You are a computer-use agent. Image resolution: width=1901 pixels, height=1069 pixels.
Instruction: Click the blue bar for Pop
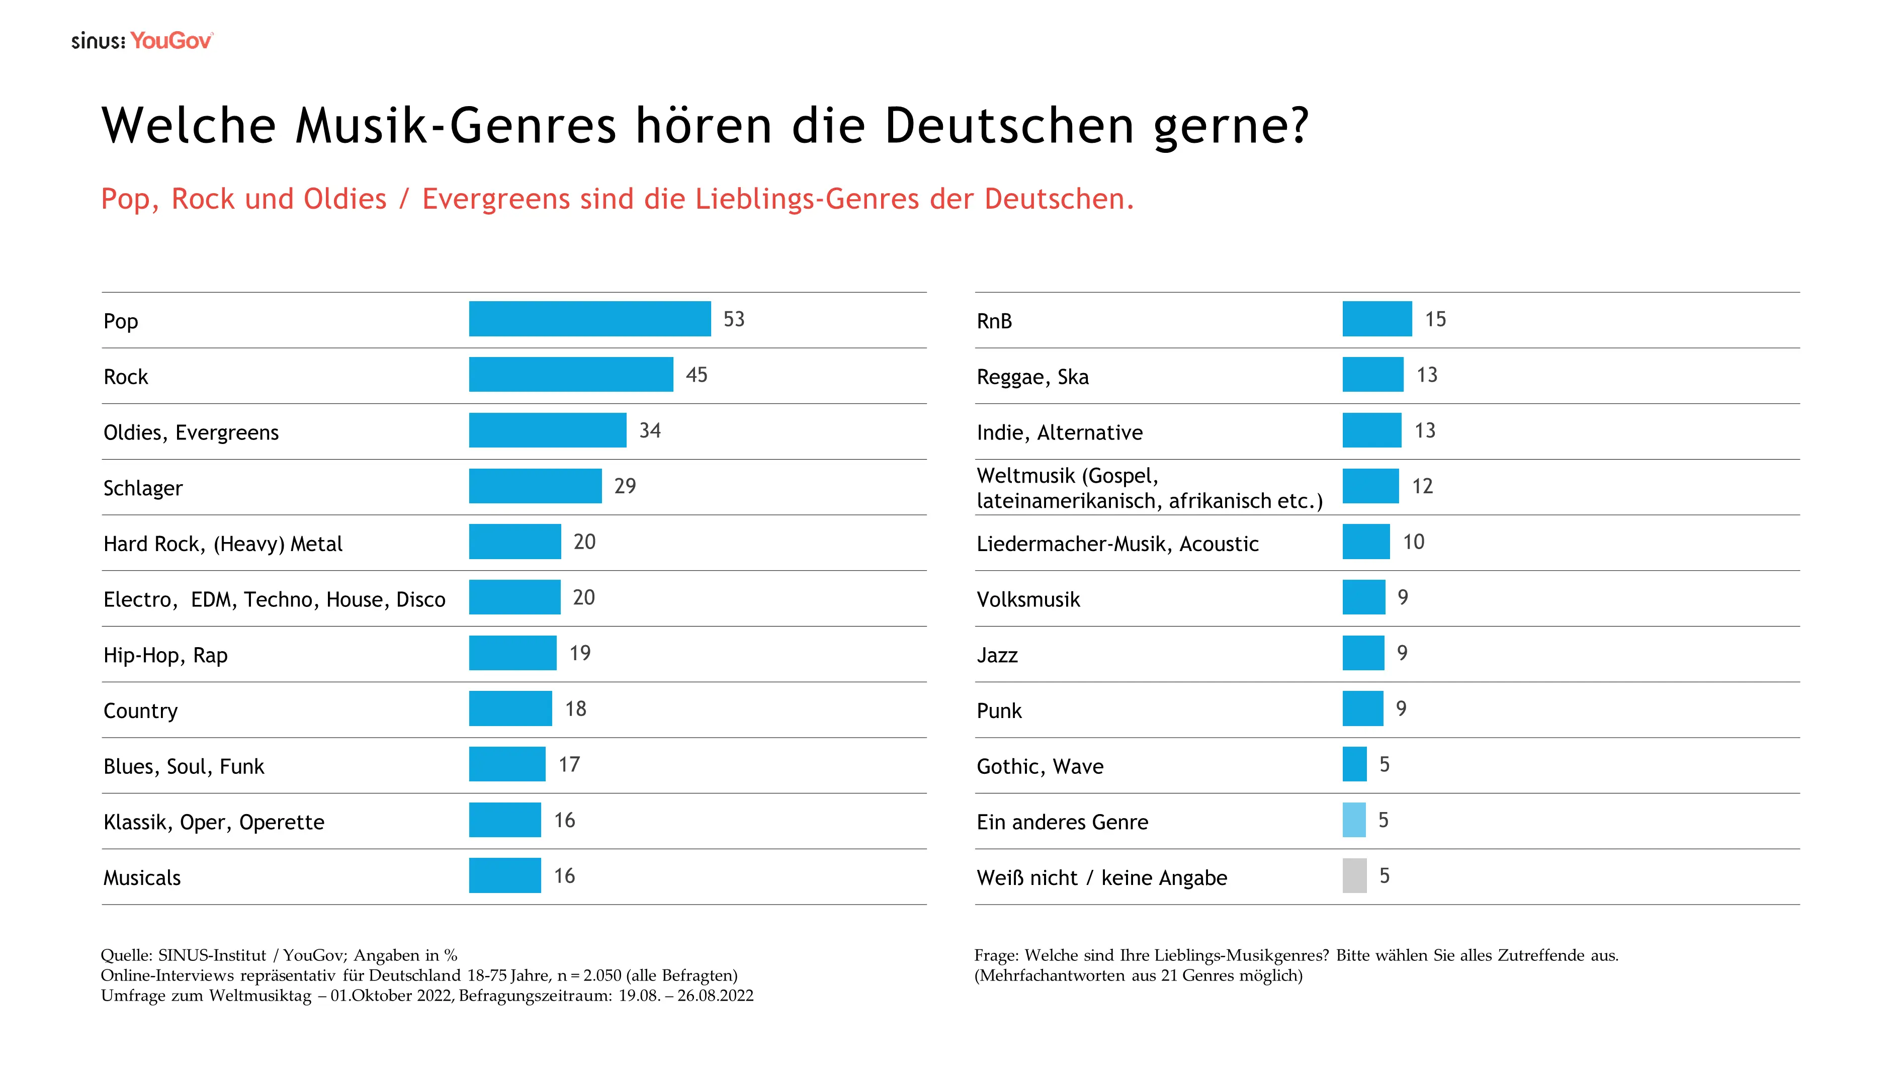tap(589, 319)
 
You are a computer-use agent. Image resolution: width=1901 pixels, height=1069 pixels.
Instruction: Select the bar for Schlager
tap(535, 486)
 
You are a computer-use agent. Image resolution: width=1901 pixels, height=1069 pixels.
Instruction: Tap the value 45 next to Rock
tap(696, 375)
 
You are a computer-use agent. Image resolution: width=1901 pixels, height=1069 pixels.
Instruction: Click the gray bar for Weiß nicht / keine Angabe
tap(1354, 876)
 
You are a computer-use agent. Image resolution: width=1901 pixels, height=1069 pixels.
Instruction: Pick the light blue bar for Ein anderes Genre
tap(1353, 820)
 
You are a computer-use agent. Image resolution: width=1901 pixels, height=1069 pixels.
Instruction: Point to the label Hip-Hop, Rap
tap(165, 655)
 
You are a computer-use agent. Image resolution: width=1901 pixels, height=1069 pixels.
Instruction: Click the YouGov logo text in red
tap(171, 41)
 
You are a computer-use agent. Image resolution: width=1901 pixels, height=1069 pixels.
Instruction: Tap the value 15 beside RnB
tap(1435, 319)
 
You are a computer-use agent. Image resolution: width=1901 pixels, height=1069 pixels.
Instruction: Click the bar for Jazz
tap(1362, 653)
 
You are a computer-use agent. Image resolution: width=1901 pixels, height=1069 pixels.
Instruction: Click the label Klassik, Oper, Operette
tap(213, 822)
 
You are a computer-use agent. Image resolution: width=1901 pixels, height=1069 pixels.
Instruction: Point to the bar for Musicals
tap(505, 876)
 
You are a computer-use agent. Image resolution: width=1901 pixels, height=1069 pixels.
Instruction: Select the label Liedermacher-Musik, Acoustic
tap(1117, 544)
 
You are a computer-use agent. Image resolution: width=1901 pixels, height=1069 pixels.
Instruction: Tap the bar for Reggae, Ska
tap(1372, 375)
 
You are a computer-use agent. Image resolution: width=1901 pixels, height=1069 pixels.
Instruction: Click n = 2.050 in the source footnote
tap(589, 975)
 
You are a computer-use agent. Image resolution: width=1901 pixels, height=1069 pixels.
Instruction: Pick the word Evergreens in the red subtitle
tap(496, 199)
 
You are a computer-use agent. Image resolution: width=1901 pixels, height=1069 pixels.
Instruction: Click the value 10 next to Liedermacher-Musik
tap(1413, 542)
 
